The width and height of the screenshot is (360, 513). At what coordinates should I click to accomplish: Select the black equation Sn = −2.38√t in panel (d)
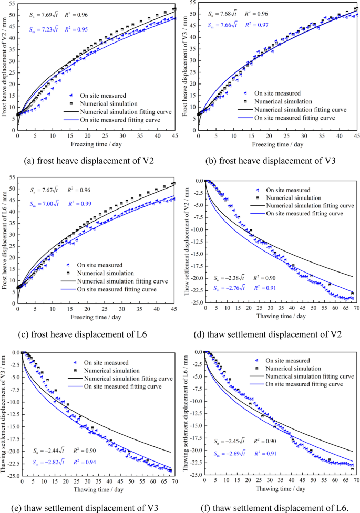point(226,278)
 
